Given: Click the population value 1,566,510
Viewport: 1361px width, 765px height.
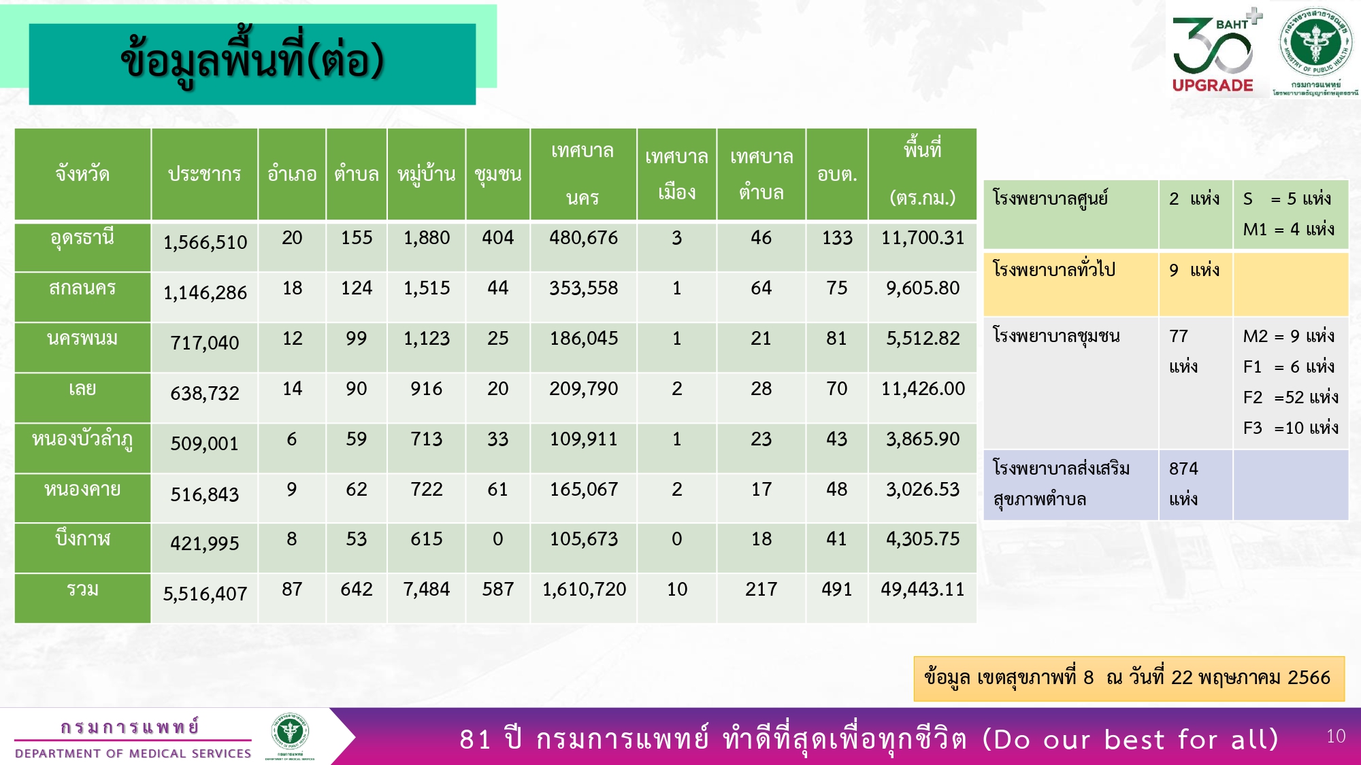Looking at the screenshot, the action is pos(205,242).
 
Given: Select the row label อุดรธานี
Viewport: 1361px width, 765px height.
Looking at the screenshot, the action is pos(82,239).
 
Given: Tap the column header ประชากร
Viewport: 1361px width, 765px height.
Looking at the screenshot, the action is pos(204,174).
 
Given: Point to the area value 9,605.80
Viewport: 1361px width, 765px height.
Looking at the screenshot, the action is pos(922,288).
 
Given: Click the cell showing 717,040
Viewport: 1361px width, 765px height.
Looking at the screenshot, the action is pos(205,343).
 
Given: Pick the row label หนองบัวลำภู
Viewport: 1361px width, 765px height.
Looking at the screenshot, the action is pos(82,440).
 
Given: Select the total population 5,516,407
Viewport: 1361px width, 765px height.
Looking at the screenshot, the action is pos(205,594).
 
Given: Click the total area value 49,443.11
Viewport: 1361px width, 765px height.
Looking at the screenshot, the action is pos(922,589).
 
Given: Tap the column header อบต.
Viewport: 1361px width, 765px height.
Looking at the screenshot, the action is pos(837,174).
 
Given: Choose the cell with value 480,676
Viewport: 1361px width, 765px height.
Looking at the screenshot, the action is pos(583,238).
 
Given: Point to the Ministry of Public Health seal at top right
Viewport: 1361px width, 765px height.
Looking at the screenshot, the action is pos(1315,43).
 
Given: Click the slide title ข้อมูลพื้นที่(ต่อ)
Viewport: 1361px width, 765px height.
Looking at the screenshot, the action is pos(252,61).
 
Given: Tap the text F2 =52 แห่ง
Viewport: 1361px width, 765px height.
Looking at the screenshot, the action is pos(1290,397).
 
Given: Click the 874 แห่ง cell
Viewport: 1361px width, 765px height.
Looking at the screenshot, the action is pos(1184,483).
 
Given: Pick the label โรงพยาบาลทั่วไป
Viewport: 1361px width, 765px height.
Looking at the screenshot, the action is pos(1053,269).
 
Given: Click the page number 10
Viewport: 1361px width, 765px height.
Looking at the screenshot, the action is pos(1336,736).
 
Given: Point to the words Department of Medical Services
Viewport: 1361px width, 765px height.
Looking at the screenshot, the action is pos(133,753).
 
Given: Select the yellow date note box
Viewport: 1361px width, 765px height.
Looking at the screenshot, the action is pos(1129,679).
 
